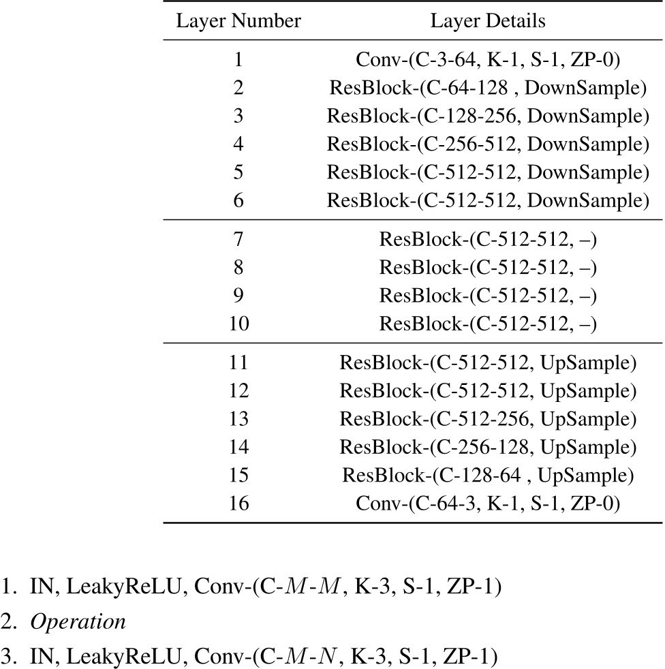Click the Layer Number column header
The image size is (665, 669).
click(238, 21)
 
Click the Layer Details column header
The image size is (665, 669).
click(488, 21)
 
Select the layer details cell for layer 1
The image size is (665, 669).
click(488, 60)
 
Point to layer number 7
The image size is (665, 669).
click(238, 240)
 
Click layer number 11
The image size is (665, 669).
click(238, 363)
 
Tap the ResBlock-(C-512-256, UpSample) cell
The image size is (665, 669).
click(488, 420)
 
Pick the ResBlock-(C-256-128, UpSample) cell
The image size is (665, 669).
click(488, 448)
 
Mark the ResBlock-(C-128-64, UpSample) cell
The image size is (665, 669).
click(488, 476)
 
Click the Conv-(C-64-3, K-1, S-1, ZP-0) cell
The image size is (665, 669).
click(488, 504)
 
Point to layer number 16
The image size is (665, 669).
click(238, 504)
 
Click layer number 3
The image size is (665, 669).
click(238, 116)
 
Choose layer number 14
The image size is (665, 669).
click(238, 448)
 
